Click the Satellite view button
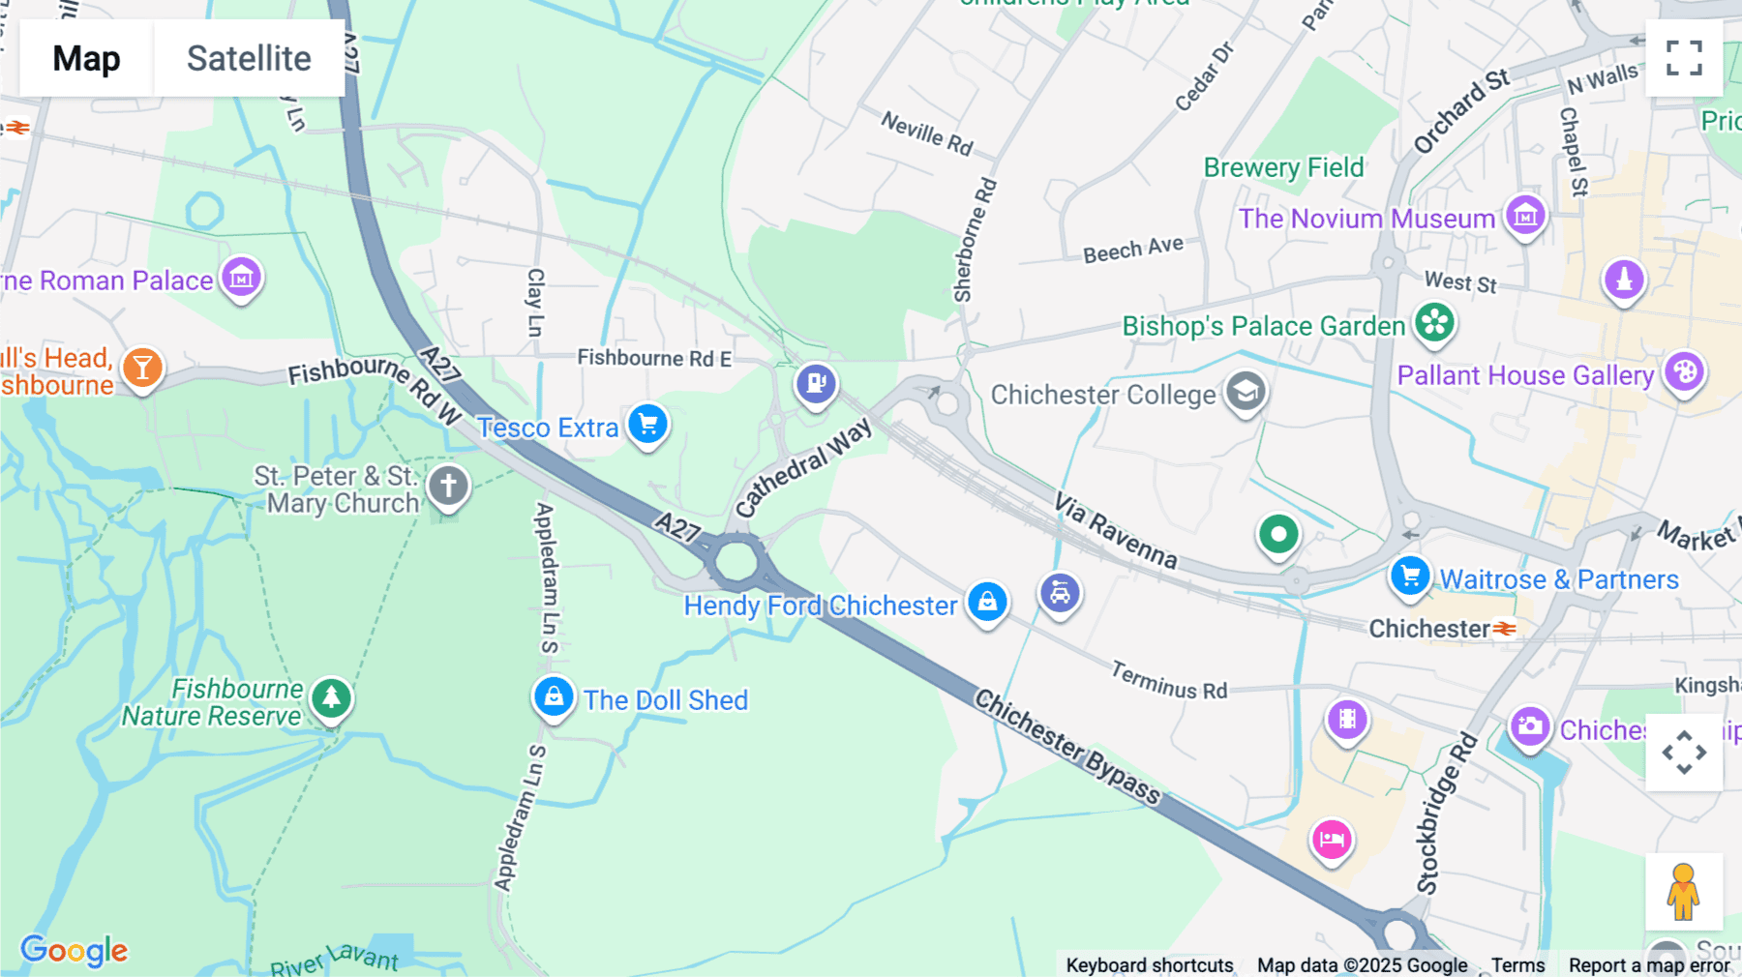[249, 58]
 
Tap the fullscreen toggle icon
[1684, 58]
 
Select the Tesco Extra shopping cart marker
[647, 424]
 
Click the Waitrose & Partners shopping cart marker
[1410, 576]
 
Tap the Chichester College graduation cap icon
[1246, 392]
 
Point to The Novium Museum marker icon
[1525, 215]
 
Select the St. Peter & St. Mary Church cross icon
[448, 485]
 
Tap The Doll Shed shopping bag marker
[554, 696]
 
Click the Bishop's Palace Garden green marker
[1434, 322]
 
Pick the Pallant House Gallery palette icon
[1684, 371]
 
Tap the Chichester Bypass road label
[1066, 746]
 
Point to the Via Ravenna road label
[1115, 531]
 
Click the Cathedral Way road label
[802, 468]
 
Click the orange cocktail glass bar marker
[142, 368]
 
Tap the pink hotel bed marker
[1332, 839]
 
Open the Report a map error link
[1649, 965]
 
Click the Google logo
[74, 951]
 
